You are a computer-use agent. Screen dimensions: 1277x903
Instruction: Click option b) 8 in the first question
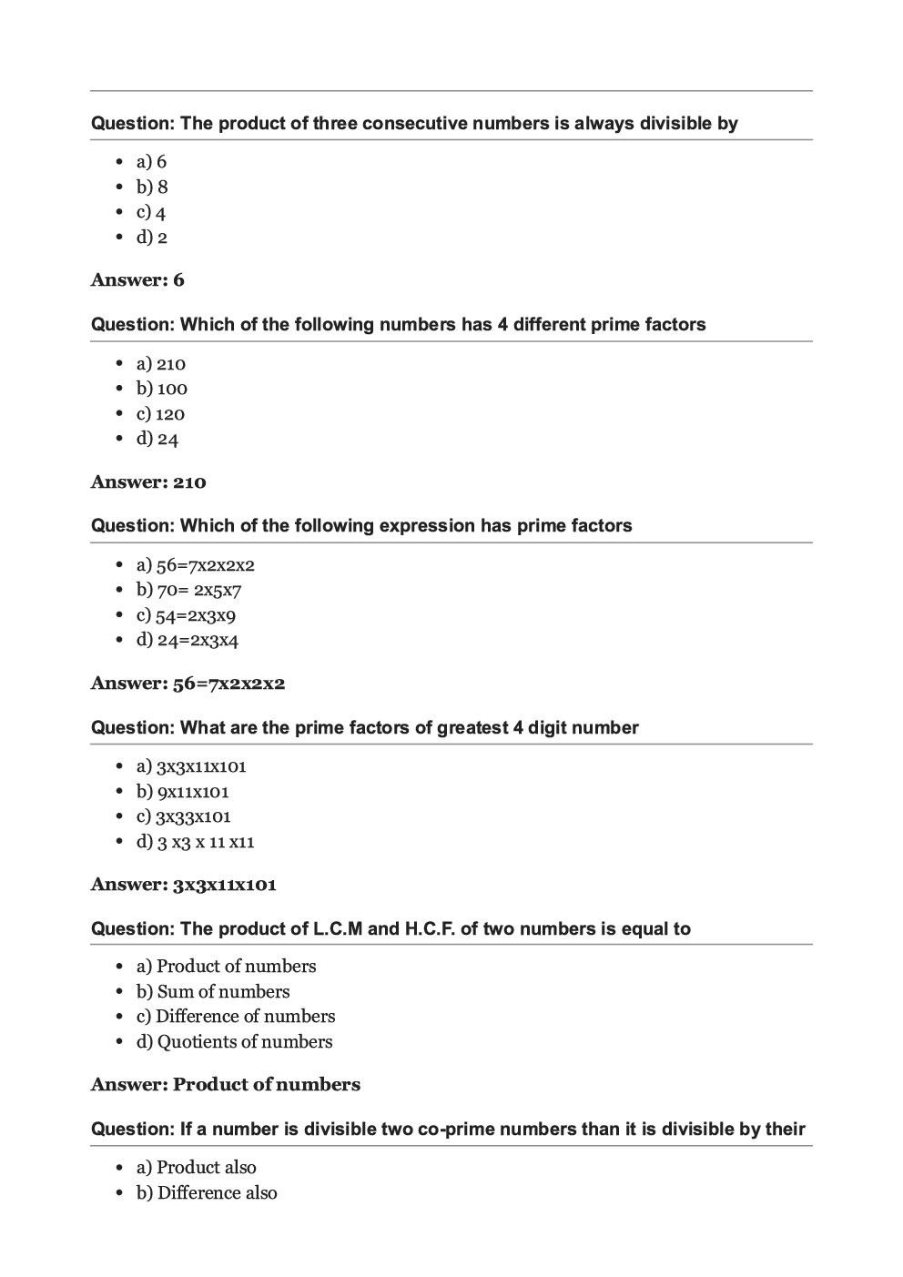point(152,187)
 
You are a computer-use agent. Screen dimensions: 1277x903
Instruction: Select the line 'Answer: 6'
point(137,280)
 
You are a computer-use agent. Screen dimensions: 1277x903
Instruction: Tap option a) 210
point(161,364)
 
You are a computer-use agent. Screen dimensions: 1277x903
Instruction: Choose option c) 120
point(160,414)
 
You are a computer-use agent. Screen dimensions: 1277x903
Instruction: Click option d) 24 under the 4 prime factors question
point(157,439)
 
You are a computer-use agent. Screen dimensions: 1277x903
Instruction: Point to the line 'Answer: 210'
point(148,482)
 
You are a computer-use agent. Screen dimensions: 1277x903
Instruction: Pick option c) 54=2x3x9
point(186,615)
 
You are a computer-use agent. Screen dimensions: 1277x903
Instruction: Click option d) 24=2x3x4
point(188,640)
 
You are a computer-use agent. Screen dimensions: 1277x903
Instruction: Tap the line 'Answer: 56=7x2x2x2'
point(188,684)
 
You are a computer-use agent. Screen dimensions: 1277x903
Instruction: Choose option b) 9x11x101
point(183,792)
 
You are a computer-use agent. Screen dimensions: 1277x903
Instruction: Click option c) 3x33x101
point(184,816)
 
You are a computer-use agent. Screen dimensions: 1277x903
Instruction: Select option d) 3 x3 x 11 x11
point(196,842)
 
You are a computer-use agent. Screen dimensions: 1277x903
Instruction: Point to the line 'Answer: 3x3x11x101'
point(184,885)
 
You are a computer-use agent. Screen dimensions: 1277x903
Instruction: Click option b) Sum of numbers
point(213,992)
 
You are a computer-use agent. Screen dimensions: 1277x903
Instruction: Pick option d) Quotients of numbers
point(235,1042)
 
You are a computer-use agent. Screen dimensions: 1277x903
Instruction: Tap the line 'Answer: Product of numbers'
point(226,1085)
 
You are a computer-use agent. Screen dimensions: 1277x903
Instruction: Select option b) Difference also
point(207,1193)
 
